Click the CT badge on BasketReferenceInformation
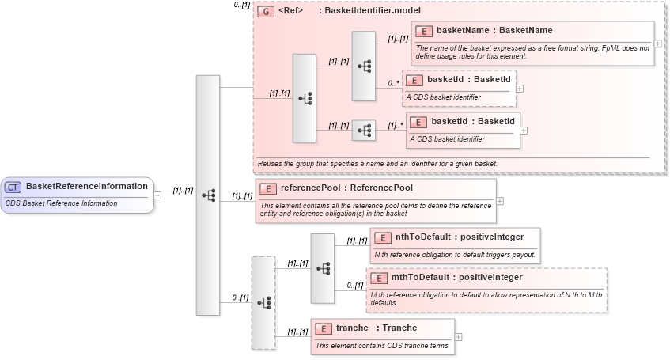click(x=13, y=187)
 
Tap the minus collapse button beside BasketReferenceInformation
click(x=157, y=195)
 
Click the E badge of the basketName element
click(x=424, y=31)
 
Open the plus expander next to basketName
click(x=658, y=43)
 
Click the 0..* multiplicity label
click(x=393, y=81)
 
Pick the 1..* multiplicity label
click(x=396, y=125)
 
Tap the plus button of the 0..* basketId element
click(x=520, y=88)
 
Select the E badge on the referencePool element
click(x=269, y=188)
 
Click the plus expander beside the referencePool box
click(x=500, y=201)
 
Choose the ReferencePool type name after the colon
click(x=381, y=188)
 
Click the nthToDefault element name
click(x=422, y=237)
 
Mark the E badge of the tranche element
click(x=322, y=328)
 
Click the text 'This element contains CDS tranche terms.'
click(x=383, y=345)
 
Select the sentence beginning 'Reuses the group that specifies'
click(x=377, y=164)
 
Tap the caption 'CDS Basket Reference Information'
click(x=61, y=203)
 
